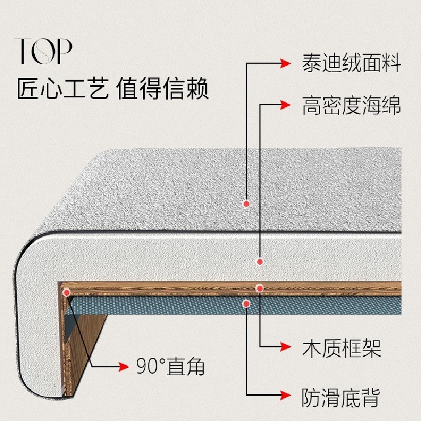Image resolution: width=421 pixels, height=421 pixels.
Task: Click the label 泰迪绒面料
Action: pyautogui.click(x=352, y=64)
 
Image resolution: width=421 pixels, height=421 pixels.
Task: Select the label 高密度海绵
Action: pyautogui.click(x=352, y=105)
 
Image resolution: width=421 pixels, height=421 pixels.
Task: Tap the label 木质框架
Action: pyautogui.click(x=341, y=348)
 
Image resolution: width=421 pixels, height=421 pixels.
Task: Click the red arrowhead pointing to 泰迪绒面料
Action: pyautogui.click(x=285, y=64)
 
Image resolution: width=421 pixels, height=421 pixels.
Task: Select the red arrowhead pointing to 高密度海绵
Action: pyautogui.click(x=285, y=105)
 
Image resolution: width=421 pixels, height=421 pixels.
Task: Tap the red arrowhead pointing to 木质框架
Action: pyautogui.click(x=285, y=347)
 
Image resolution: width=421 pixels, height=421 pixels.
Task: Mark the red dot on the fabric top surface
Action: pyautogui.click(x=246, y=204)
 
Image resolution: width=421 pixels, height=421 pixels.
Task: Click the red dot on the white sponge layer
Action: pyautogui.click(x=259, y=261)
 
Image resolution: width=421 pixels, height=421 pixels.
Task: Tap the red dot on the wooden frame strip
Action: pyautogui.click(x=259, y=288)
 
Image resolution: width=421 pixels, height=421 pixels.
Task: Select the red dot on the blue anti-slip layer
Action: pyautogui.click(x=246, y=303)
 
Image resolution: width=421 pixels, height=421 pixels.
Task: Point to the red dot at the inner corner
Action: pyautogui.click(x=66, y=292)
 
